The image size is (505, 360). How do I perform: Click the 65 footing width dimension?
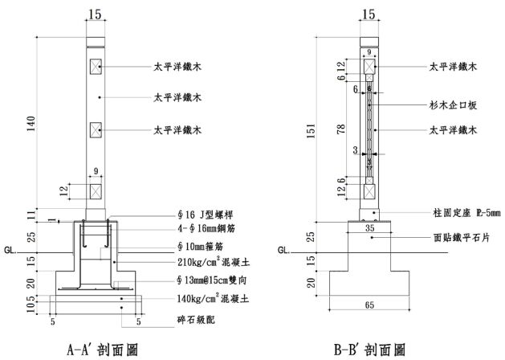click(x=369, y=305)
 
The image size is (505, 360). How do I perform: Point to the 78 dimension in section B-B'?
click(x=341, y=128)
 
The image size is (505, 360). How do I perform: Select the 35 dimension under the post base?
click(x=369, y=228)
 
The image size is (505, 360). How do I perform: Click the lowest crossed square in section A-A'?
click(x=96, y=191)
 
